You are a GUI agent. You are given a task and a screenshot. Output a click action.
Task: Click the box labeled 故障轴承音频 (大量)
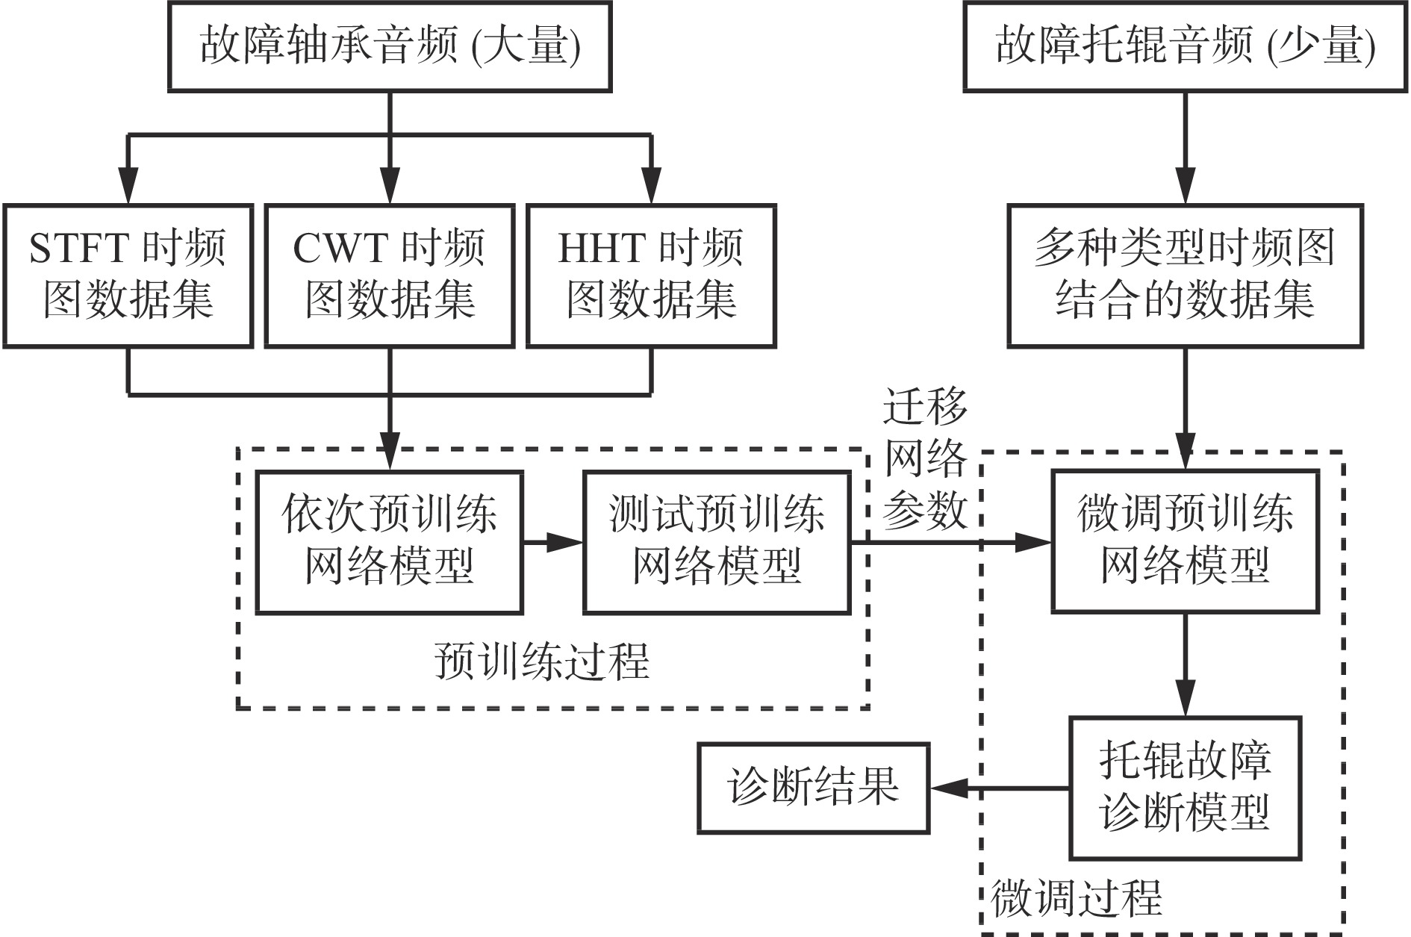click(390, 46)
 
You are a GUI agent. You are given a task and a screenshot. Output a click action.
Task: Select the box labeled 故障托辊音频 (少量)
click(1185, 46)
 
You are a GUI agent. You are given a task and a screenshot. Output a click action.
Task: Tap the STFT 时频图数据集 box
click(128, 276)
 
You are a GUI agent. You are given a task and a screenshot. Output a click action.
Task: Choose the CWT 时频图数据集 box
click(390, 276)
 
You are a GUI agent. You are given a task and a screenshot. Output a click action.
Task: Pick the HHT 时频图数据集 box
click(651, 276)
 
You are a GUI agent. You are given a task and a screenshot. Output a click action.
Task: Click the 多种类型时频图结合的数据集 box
click(1185, 276)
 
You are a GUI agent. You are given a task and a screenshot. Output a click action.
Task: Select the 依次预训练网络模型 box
click(389, 542)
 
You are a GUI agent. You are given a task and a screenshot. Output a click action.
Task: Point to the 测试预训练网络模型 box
click(717, 542)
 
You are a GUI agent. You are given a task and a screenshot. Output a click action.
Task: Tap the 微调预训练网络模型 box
click(1185, 542)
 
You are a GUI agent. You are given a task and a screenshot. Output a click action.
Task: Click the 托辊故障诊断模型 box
click(1185, 788)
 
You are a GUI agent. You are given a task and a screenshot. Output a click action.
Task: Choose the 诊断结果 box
click(813, 788)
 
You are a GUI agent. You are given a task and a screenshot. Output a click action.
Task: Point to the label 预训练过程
click(542, 661)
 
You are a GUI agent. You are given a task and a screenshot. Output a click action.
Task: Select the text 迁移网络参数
click(925, 458)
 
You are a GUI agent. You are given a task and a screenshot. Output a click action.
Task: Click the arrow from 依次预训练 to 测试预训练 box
click(552, 542)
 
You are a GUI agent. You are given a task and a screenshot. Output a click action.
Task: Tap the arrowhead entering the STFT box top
click(128, 190)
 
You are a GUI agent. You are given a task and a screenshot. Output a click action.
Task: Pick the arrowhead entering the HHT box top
click(651, 190)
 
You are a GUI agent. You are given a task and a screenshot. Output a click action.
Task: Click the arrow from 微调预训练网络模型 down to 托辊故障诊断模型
click(1185, 664)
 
